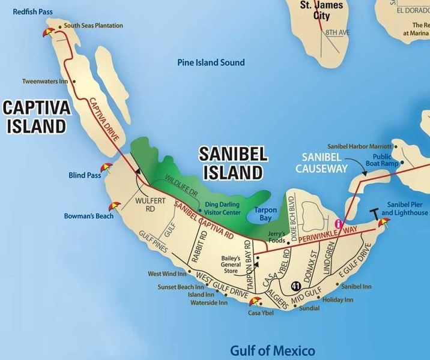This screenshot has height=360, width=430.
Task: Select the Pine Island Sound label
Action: (211, 62)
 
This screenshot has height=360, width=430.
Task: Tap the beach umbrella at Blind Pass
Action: (106, 169)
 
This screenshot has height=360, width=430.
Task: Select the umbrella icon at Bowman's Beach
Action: (114, 207)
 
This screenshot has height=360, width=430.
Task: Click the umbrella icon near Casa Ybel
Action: (255, 302)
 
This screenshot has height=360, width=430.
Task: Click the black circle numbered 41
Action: (295, 286)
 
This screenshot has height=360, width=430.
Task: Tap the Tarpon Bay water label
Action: (265, 215)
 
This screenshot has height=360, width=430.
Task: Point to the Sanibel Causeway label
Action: (321, 163)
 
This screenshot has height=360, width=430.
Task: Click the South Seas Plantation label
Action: (93, 26)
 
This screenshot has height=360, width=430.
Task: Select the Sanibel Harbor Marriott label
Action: (359, 146)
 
